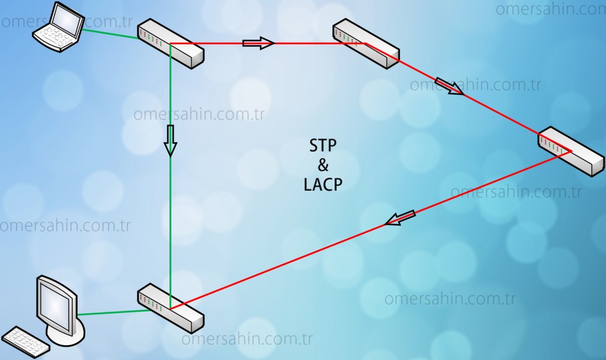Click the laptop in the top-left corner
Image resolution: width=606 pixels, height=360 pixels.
click(59, 27)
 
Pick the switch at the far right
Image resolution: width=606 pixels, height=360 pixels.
click(571, 151)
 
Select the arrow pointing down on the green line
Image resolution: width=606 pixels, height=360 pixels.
click(170, 140)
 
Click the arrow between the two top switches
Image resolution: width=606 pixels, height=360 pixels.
click(259, 43)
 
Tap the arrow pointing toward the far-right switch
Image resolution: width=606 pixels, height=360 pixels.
click(449, 86)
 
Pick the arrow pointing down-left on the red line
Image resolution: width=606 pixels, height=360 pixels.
click(400, 218)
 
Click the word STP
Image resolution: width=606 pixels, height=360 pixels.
click(323, 146)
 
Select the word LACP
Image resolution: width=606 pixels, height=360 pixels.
click(323, 185)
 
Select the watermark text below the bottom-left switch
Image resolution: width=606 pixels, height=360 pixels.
click(247, 340)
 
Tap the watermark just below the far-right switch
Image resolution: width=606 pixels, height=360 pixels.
click(516, 192)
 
